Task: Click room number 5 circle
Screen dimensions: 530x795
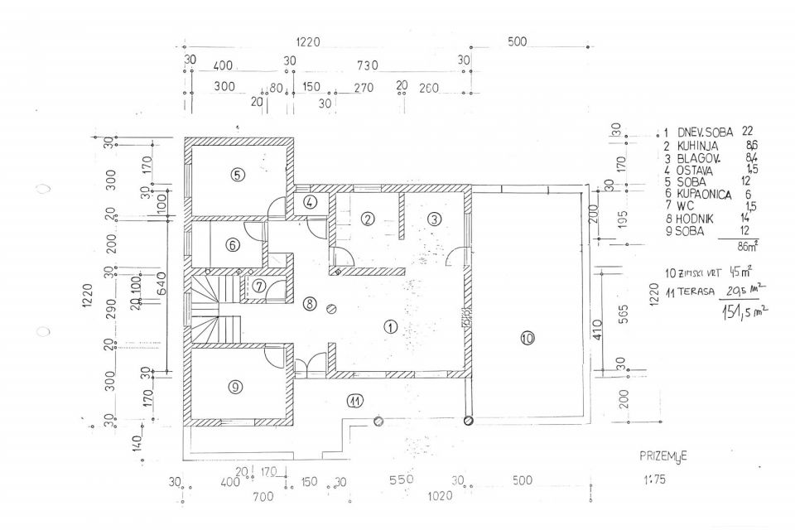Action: [x=237, y=175]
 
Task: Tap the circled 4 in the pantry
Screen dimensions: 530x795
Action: [x=309, y=202]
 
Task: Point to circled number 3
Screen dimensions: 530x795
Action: [x=432, y=219]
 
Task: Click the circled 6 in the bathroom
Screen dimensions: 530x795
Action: [x=233, y=244]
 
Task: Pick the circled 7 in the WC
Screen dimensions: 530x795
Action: [x=258, y=287]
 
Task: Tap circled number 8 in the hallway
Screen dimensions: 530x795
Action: [x=309, y=302]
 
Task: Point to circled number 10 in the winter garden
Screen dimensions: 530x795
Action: [x=527, y=337]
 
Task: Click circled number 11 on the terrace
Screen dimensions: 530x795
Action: [x=354, y=402]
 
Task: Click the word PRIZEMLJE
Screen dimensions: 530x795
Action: [x=664, y=455]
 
